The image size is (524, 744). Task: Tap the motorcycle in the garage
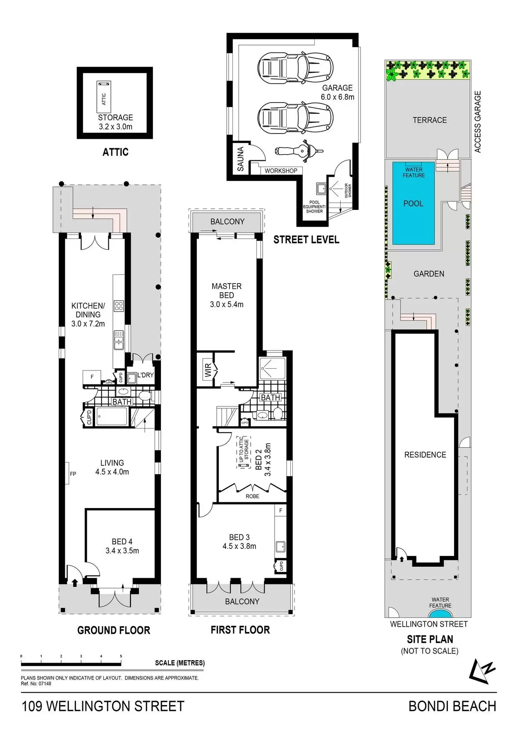[x=299, y=150]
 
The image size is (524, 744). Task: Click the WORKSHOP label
[x=281, y=171]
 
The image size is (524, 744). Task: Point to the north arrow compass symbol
[x=482, y=670]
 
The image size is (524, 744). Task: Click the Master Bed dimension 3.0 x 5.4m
[x=227, y=305]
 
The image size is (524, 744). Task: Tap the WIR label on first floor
[x=208, y=370]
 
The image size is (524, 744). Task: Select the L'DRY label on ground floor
[x=145, y=375]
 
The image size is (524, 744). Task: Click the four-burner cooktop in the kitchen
[x=119, y=306]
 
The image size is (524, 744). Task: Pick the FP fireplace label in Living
[x=73, y=474]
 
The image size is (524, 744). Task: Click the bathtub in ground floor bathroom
[x=112, y=416]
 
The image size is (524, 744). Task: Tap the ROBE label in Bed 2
[x=252, y=496]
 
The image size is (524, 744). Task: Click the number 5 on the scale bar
[x=121, y=656]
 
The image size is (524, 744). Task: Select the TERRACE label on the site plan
[x=429, y=120]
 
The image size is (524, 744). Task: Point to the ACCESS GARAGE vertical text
[x=478, y=122]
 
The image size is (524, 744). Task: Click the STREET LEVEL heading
[x=306, y=240]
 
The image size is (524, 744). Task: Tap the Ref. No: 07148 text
[x=36, y=684]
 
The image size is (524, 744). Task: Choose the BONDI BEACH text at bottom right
[x=452, y=706]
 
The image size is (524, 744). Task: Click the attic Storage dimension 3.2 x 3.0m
[x=115, y=127]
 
